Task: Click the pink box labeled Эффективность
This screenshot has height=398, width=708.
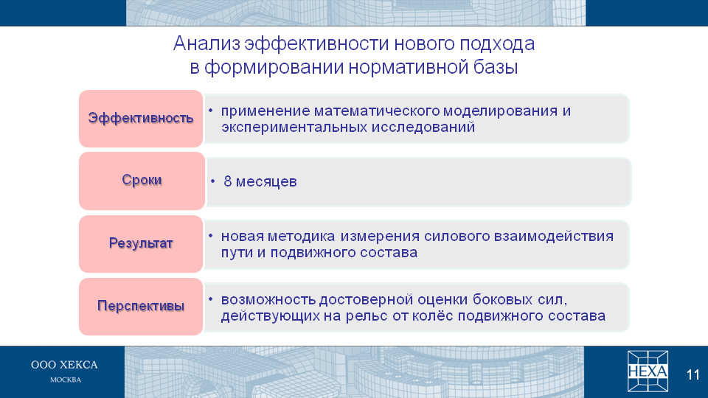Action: tap(141, 119)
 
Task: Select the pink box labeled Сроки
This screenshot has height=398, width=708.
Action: tap(142, 181)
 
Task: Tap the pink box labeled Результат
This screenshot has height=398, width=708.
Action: tap(141, 244)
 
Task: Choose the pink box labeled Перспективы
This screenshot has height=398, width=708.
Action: tap(141, 307)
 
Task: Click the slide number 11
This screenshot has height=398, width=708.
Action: tap(693, 374)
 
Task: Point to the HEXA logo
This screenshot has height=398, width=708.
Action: tap(648, 371)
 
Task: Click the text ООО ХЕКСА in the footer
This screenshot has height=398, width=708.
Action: tap(64, 365)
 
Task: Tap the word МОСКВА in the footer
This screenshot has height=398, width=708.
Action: tap(66, 380)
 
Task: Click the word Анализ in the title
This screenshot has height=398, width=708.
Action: tap(206, 43)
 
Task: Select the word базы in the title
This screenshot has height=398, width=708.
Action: tap(496, 67)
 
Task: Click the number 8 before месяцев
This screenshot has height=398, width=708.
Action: tap(228, 181)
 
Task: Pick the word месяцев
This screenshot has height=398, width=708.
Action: tap(266, 182)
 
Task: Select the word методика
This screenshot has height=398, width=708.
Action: tap(301, 237)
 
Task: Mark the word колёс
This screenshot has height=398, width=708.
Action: tap(433, 315)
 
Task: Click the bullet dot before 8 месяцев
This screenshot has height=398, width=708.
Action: tap(213, 181)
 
